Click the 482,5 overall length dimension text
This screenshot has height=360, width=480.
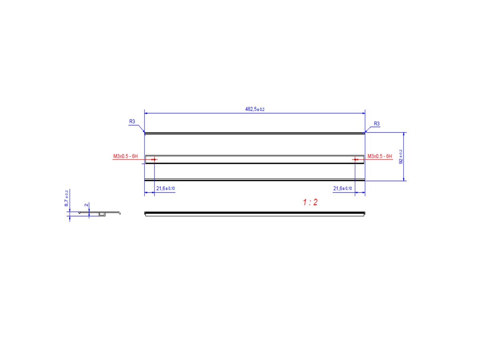pos(254,109)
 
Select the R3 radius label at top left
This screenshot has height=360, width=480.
pos(132,121)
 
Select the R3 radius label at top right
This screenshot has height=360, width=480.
pos(376,124)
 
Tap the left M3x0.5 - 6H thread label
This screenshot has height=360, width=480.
pos(125,156)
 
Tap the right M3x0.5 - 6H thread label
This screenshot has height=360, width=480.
pos(380,156)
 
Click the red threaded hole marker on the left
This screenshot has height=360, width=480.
pos(154,160)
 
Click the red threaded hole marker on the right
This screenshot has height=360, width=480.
pos(355,160)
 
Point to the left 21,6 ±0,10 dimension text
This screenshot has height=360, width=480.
pos(165,188)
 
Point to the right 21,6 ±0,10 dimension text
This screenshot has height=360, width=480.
pos(342,188)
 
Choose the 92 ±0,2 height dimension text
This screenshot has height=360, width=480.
pos(401,157)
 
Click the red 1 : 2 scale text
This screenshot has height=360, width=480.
pos(310,202)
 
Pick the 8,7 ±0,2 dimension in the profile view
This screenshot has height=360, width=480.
pos(66,198)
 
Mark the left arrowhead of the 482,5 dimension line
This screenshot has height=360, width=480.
pos(146,113)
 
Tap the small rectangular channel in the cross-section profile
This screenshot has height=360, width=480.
pos(102,215)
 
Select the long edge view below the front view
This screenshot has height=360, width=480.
pos(254,214)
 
